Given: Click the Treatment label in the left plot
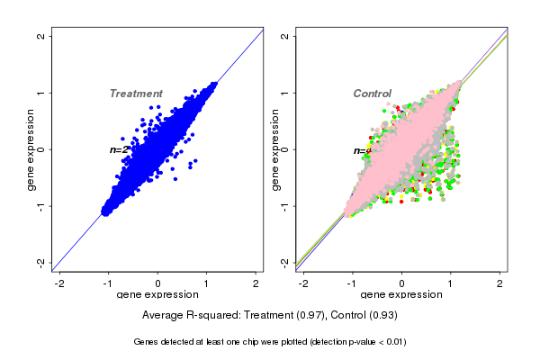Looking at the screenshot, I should [136, 94].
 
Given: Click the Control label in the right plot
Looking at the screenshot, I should [372, 94].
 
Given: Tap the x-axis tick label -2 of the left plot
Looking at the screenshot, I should [59, 283].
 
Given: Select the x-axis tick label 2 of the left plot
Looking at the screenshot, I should [256, 283].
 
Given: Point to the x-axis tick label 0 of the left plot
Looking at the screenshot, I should [158, 283].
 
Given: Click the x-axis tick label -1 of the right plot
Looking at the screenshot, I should [352, 283].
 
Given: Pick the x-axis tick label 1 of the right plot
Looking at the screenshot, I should [451, 283].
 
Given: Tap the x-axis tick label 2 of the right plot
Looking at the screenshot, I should [500, 283].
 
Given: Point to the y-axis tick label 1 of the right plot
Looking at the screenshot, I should [285, 93].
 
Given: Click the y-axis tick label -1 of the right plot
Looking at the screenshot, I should [285, 205].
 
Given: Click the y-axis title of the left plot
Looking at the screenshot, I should [31, 149].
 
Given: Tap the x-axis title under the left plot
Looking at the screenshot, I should [157, 295].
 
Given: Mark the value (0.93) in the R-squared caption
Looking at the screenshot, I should [382, 316].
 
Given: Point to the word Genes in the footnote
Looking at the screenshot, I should [148, 342].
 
